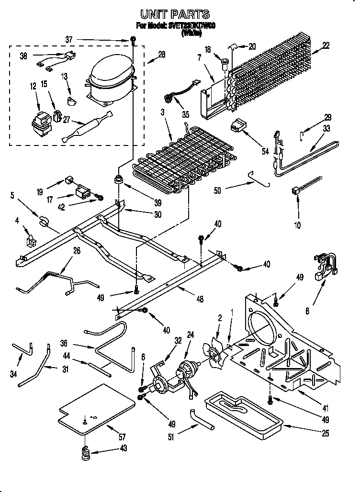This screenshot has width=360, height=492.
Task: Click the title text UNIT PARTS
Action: click(174, 15)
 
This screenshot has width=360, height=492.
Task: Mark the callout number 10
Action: click(298, 224)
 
